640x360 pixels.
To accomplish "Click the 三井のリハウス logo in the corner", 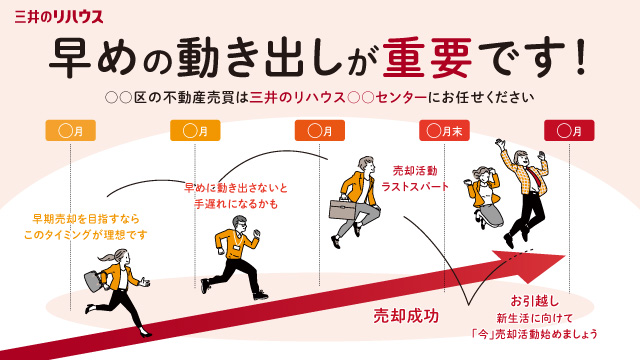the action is [59, 17].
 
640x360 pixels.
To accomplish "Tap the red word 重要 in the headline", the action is [427, 58].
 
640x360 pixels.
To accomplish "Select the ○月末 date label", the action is [444, 131].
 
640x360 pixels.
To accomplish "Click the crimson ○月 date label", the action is [569, 131].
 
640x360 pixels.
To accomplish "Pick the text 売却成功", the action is [406, 316].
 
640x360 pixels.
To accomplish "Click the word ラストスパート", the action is [415, 187].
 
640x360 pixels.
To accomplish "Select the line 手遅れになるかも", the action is [236, 204].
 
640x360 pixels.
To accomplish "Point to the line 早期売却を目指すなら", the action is [86, 219].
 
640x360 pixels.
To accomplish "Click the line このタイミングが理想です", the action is [85, 235].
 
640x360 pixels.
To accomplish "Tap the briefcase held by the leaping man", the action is [343, 208].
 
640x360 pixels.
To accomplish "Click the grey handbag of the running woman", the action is [93, 280].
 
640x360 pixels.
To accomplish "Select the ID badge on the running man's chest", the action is [237, 248].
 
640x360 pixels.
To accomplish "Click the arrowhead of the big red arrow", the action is [531, 265].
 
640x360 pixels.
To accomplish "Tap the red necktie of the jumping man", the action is [538, 180].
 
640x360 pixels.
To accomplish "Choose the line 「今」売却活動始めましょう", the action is [535, 334].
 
